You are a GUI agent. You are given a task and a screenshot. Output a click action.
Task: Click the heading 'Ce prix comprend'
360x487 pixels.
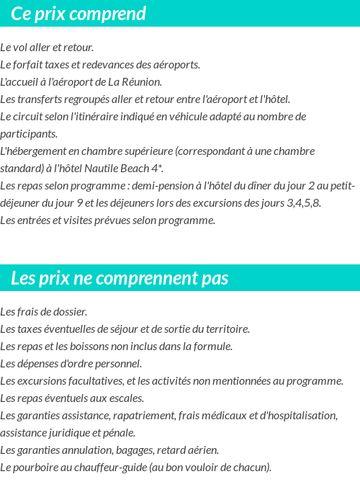pyautogui.click(x=78, y=14)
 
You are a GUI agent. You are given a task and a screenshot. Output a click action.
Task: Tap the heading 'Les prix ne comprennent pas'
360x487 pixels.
pyautogui.click(x=120, y=278)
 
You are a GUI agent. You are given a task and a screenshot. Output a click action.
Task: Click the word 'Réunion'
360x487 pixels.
pyautogui.click(x=142, y=82)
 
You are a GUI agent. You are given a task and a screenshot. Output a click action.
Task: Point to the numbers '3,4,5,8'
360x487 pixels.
pyautogui.click(x=304, y=203)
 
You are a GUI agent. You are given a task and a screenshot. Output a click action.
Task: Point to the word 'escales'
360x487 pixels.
pyautogui.click(x=127, y=398)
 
